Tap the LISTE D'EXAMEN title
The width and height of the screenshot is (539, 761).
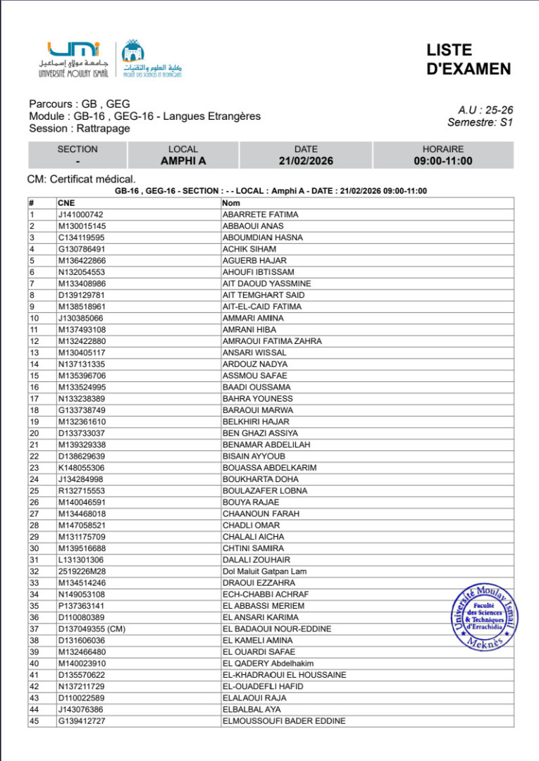(x=468, y=60)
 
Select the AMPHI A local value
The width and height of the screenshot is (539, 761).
(x=183, y=161)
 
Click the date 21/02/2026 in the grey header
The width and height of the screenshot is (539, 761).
(x=306, y=161)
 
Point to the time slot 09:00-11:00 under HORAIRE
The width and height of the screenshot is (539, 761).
(x=442, y=161)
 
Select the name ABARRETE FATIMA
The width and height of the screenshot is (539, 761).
(x=260, y=214)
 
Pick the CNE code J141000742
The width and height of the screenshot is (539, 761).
(x=80, y=214)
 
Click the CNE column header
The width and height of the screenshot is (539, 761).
(x=66, y=203)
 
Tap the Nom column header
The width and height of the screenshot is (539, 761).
(x=231, y=203)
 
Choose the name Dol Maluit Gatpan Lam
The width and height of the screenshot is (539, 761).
(x=264, y=571)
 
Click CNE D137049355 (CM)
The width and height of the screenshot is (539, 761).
(x=91, y=629)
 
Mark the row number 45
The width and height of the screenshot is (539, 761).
(x=34, y=721)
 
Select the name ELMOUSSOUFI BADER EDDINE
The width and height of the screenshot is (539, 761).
(x=284, y=721)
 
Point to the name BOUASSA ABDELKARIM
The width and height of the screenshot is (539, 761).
(x=269, y=468)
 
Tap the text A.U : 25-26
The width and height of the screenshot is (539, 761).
(x=485, y=110)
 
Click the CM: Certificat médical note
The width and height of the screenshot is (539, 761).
(x=81, y=180)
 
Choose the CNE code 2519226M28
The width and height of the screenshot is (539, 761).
(x=81, y=571)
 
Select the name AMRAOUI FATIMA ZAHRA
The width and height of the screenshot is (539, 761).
(x=272, y=341)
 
